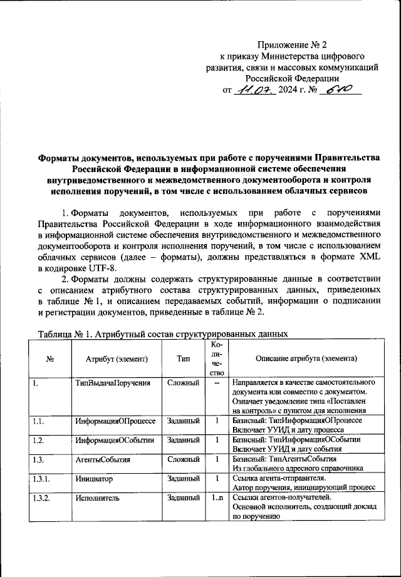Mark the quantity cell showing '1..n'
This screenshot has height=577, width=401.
(x=217, y=499)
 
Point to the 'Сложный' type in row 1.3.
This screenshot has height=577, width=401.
(x=184, y=460)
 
